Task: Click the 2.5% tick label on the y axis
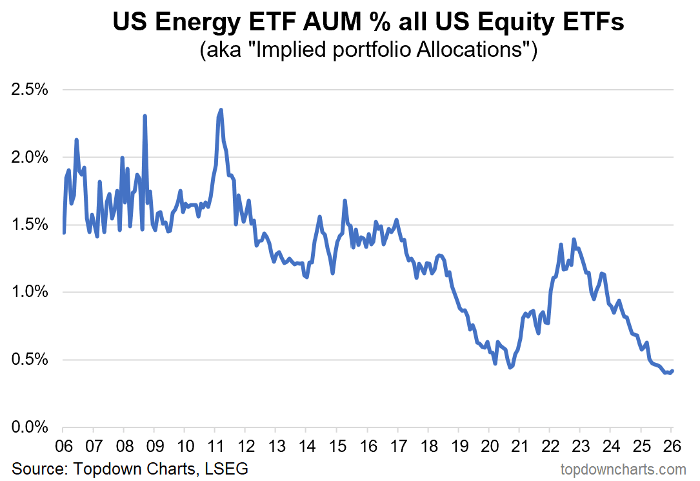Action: pos(31,90)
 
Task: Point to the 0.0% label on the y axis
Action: pos(31,427)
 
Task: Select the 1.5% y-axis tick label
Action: pos(31,225)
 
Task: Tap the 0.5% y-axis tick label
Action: pos(31,360)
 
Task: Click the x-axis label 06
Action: pos(63,446)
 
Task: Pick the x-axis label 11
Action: pos(215,446)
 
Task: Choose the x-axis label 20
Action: pos(488,446)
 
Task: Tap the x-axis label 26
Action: pos(671,446)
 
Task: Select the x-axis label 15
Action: pos(336,446)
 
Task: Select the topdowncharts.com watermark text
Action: pos(623,469)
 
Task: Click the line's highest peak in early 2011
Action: pos(221,110)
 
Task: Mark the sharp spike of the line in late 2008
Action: pos(145,116)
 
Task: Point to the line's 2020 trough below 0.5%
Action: pos(510,367)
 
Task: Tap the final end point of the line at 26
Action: pos(672,371)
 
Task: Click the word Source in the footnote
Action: pos(34,469)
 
